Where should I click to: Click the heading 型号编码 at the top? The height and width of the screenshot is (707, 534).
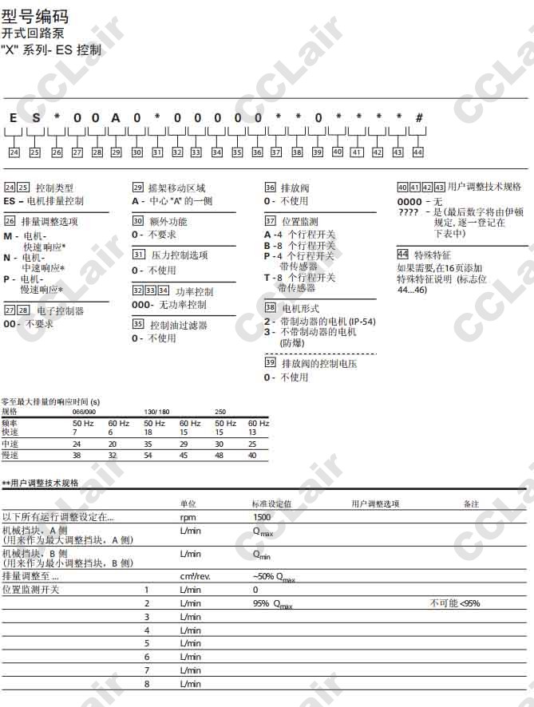click(35, 17)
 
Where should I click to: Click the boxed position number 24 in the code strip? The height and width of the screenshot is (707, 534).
click(14, 152)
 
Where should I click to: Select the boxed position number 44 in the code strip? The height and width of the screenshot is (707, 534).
click(417, 152)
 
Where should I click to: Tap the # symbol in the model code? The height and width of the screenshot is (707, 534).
click(418, 118)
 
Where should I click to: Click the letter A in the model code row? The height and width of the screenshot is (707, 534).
click(116, 118)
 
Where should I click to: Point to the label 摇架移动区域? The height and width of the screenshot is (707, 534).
click(176, 188)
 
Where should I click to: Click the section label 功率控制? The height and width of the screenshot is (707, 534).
click(194, 291)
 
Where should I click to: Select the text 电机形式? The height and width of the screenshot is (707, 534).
click(300, 307)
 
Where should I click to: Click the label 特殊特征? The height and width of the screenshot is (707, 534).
click(432, 255)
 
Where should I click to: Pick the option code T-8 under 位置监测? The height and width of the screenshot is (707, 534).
click(273, 278)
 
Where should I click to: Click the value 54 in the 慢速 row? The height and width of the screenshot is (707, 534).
click(148, 455)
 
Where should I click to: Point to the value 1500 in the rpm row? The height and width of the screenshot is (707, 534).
click(262, 517)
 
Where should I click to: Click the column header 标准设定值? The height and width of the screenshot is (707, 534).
click(271, 504)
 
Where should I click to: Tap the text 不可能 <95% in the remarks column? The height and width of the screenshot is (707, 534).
click(455, 603)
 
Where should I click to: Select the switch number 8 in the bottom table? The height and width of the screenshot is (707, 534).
click(147, 684)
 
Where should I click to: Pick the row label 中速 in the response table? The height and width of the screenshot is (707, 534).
click(10, 443)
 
